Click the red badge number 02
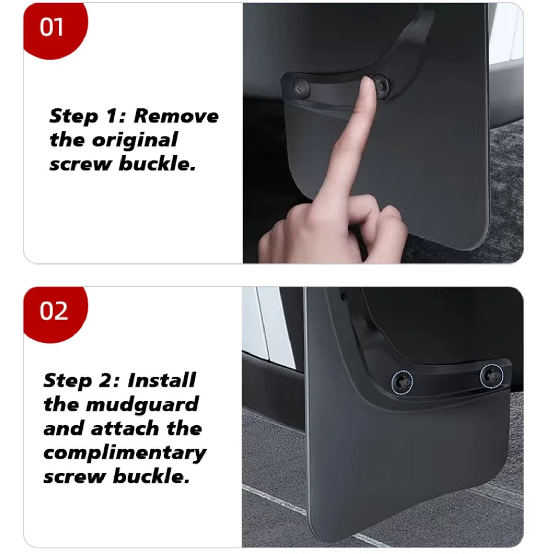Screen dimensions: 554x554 53,311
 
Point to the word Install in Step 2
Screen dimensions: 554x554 162,380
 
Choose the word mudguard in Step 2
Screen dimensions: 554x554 142,405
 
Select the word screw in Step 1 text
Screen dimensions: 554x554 81,164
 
